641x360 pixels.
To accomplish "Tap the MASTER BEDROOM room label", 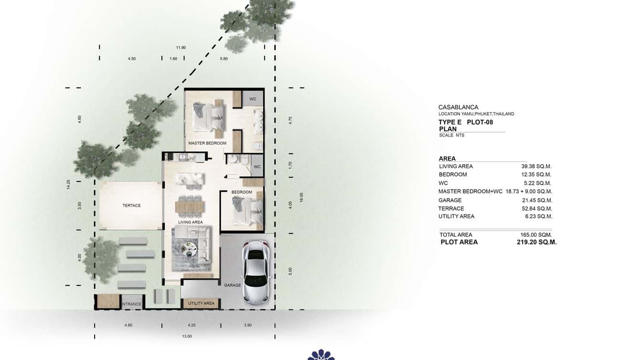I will pos(207,143).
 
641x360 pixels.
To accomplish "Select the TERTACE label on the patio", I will pos(131,206).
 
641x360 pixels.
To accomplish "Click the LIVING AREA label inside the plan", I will pos(191,222).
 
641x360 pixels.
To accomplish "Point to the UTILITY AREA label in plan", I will pos(201,303).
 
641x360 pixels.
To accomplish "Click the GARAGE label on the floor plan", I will pos(233,285).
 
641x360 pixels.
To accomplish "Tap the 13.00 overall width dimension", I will pos(187,336).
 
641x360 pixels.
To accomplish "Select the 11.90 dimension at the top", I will pos(181,48).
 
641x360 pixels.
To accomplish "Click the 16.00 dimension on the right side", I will pos(301,197).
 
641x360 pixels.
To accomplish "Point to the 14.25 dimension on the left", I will pos(69,184).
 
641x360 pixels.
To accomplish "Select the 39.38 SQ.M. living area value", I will pos(536,166).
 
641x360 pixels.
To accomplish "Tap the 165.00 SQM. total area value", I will pos(536,234).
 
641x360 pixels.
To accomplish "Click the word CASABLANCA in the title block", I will pos(458,107).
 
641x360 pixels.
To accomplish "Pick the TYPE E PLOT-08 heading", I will pos(465,122).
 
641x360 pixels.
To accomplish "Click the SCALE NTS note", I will pos(451,135).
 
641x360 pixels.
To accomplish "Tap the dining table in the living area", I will pos(191,206).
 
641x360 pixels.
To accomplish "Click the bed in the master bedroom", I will pos(208,116).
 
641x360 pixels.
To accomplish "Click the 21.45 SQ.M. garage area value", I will pos(536,200).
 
